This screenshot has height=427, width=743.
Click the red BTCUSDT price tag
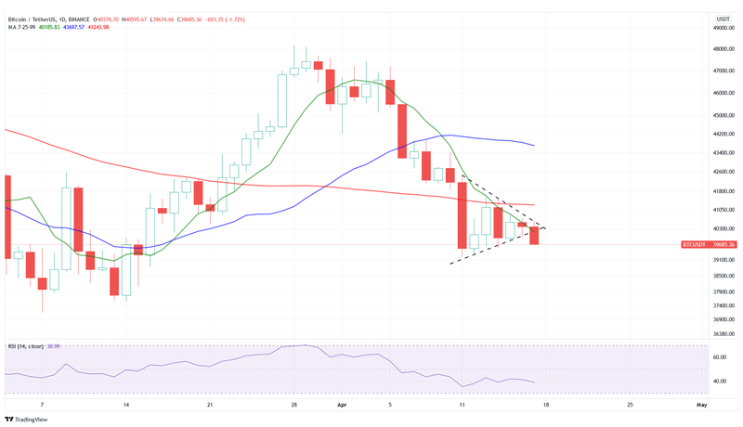click(708, 244)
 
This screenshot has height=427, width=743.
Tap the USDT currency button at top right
click(723, 19)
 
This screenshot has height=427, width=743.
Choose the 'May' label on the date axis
click(701, 405)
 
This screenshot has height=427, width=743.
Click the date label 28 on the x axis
click(293, 405)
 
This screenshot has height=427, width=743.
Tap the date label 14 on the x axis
click(125, 405)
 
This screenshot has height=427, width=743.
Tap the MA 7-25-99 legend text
click(23, 26)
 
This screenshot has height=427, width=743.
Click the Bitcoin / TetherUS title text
click(32, 18)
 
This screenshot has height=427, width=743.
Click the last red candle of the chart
click(534, 236)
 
